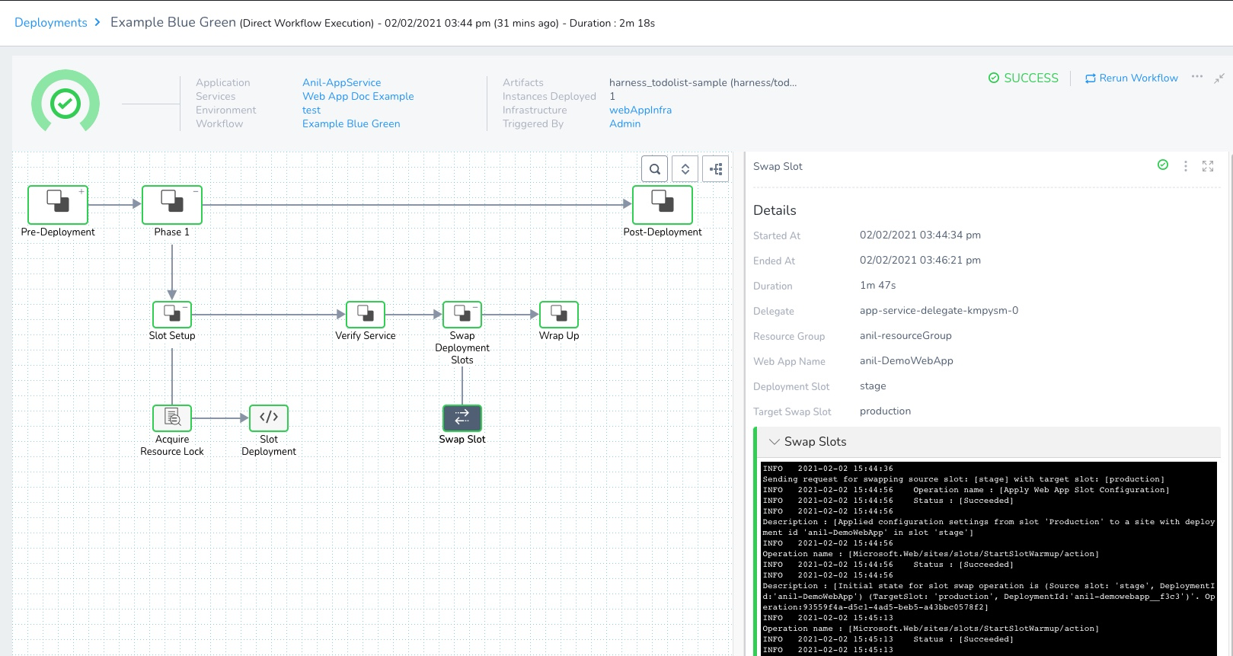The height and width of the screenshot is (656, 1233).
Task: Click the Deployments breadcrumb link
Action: pyautogui.click(x=50, y=23)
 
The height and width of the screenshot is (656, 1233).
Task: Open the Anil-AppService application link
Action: pyautogui.click(x=341, y=82)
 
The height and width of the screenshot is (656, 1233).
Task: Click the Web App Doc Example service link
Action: pyautogui.click(x=358, y=96)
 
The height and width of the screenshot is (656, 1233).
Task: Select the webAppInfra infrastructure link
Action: pyautogui.click(x=640, y=110)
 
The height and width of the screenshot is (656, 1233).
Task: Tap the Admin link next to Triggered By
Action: pyautogui.click(x=624, y=123)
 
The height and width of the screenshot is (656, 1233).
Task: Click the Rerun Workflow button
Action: pyautogui.click(x=1131, y=78)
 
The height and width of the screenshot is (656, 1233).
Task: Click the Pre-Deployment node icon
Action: pyautogui.click(x=58, y=205)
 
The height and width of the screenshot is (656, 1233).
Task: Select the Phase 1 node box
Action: pyautogui.click(x=172, y=205)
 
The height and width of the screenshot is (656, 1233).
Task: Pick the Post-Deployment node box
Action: pyautogui.click(x=662, y=205)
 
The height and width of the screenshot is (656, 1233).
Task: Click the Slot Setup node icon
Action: pyautogui.click(x=172, y=314)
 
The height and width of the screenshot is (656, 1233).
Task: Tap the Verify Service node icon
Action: pyautogui.click(x=366, y=314)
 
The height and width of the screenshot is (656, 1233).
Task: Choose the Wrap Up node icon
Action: pyautogui.click(x=559, y=314)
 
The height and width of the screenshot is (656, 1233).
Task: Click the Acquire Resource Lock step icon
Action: pyautogui.click(x=172, y=418)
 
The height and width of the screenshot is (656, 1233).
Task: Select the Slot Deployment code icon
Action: pyautogui.click(x=269, y=418)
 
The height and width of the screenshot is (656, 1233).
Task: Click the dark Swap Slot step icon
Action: pyautogui.click(x=462, y=418)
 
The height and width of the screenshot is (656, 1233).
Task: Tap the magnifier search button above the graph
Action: pyautogui.click(x=654, y=168)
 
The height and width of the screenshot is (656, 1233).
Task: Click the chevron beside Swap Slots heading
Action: pyautogui.click(x=774, y=442)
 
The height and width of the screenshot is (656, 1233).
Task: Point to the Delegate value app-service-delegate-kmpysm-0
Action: pyautogui.click(x=939, y=310)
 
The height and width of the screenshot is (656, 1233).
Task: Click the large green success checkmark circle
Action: pyautogui.click(x=65, y=104)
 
